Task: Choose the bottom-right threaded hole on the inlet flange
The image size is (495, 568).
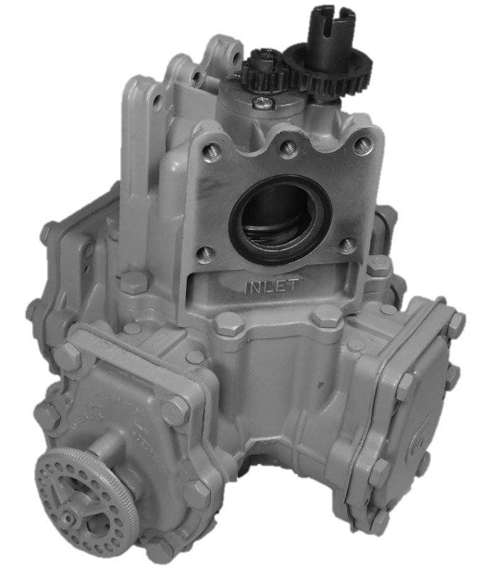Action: click(x=347, y=245)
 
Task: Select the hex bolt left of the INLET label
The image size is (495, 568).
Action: click(x=133, y=283)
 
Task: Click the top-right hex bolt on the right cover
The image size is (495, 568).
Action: click(x=456, y=320)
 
